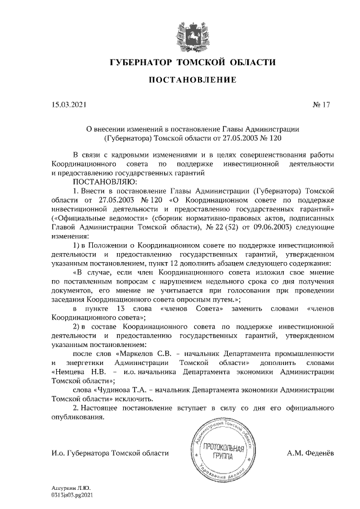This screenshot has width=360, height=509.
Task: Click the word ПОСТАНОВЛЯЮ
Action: pos(102,181)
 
